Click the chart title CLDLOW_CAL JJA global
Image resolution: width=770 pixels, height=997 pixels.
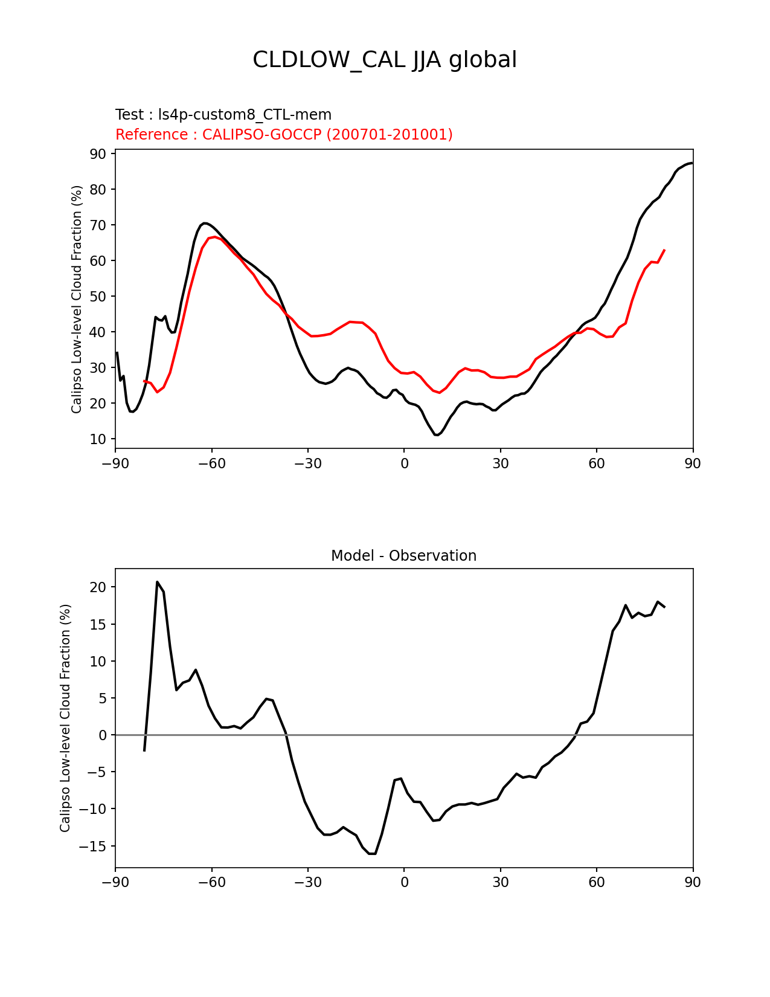point(385,60)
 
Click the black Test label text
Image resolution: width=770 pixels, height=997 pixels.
point(223,115)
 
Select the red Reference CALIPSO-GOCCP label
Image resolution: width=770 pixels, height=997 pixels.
point(284,135)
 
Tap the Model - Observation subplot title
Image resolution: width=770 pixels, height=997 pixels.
point(403,556)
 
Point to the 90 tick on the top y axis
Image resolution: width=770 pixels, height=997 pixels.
point(98,154)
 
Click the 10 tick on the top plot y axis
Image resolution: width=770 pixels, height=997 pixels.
point(98,439)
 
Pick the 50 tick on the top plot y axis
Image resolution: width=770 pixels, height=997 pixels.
point(98,297)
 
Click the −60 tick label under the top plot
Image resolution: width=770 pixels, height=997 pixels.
point(211,463)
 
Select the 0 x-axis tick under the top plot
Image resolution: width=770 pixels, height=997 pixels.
point(404,463)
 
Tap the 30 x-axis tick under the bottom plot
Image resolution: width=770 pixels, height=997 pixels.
point(500,882)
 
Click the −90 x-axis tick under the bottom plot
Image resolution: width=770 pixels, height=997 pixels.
point(115,882)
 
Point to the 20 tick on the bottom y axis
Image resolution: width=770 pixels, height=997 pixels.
point(98,587)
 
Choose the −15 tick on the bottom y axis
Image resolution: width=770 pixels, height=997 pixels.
point(94,846)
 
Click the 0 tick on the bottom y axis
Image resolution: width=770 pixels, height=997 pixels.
point(102,735)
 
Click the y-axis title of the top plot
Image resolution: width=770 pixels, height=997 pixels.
point(77,299)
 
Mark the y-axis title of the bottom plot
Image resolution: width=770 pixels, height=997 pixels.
point(65,718)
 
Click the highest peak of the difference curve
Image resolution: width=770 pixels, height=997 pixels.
point(157,582)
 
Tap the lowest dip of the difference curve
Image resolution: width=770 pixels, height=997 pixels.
point(372,854)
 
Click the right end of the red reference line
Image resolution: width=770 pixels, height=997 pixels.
point(664,250)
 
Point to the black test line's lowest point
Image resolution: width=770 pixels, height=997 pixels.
point(436,435)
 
